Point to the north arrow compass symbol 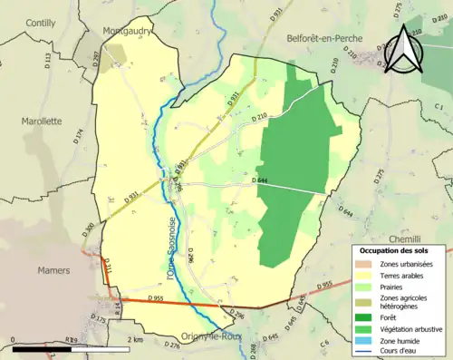point(405,50)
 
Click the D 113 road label point(47,62)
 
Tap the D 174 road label point(78,137)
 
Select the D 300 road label point(88,229)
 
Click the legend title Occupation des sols point(400,250)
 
